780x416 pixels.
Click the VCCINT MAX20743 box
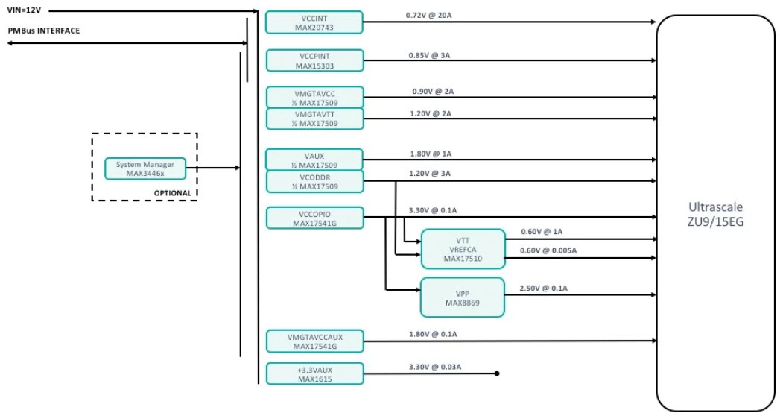click(x=314, y=22)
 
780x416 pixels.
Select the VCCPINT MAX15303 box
click(x=314, y=60)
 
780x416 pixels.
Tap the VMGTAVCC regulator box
click(x=314, y=97)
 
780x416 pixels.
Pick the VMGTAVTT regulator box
click(x=314, y=119)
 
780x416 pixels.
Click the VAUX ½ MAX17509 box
click(x=314, y=160)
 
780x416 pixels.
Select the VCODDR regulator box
click(x=314, y=181)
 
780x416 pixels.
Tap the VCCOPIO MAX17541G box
click(x=314, y=218)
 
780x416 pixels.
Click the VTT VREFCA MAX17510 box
click(x=463, y=249)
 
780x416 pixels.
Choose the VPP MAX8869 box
click(x=463, y=297)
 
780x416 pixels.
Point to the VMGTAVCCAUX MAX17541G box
click(x=314, y=341)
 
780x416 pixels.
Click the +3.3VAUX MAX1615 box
click(x=314, y=374)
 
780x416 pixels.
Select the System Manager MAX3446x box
click(x=145, y=168)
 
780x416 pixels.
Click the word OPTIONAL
click(x=172, y=193)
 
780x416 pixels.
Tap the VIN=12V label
click(x=24, y=10)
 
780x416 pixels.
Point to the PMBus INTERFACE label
click(x=43, y=31)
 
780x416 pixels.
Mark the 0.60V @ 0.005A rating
click(x=548, y=250)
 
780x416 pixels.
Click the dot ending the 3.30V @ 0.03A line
click(x=496, y=374)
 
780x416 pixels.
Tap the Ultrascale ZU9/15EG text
click(x=715, y=214)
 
